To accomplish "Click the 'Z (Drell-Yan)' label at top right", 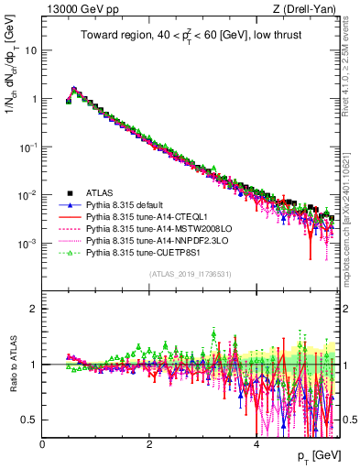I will click(x=311, y=9).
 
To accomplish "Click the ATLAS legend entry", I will click(x=101, y=192).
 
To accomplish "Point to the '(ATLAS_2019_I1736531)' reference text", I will click(x=191, y=274).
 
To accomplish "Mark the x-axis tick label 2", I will click(x=149, y=445).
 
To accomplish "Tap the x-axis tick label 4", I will click(x=256, y=445).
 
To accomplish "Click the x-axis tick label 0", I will click(x=42, y=445).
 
